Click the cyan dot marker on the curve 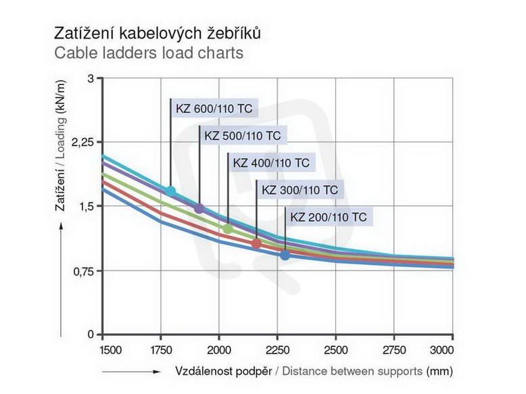170,191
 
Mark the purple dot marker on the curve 199,208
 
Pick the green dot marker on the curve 228,228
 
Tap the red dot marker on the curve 256,243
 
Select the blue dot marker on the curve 285,255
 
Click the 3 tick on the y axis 91,79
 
